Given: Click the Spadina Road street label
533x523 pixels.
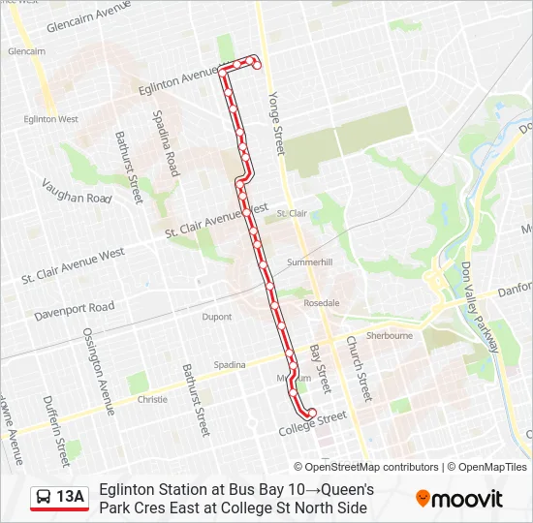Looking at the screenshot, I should point(164,142).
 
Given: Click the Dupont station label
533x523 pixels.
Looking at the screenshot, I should point(217,317).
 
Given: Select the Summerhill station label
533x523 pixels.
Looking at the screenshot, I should point(310,262).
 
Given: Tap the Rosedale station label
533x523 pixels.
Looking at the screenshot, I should point(321,303).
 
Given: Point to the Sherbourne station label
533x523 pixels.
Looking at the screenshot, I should point(392,335).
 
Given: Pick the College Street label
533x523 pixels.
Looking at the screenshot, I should point(312,424).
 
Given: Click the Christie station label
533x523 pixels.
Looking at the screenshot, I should point(153,398).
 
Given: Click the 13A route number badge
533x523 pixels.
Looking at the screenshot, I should point(59,498).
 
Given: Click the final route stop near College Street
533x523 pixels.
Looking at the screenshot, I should point(311,414).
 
